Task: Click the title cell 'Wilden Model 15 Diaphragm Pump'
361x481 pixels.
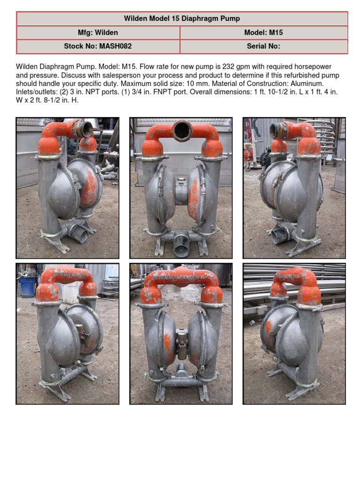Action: [182, 19]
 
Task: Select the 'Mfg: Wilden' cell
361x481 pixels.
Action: [98, 33]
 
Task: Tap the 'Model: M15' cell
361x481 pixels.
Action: [263, 33]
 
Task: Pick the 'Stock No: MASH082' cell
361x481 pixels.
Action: [98, 47]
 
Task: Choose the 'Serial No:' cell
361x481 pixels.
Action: [263, 47]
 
